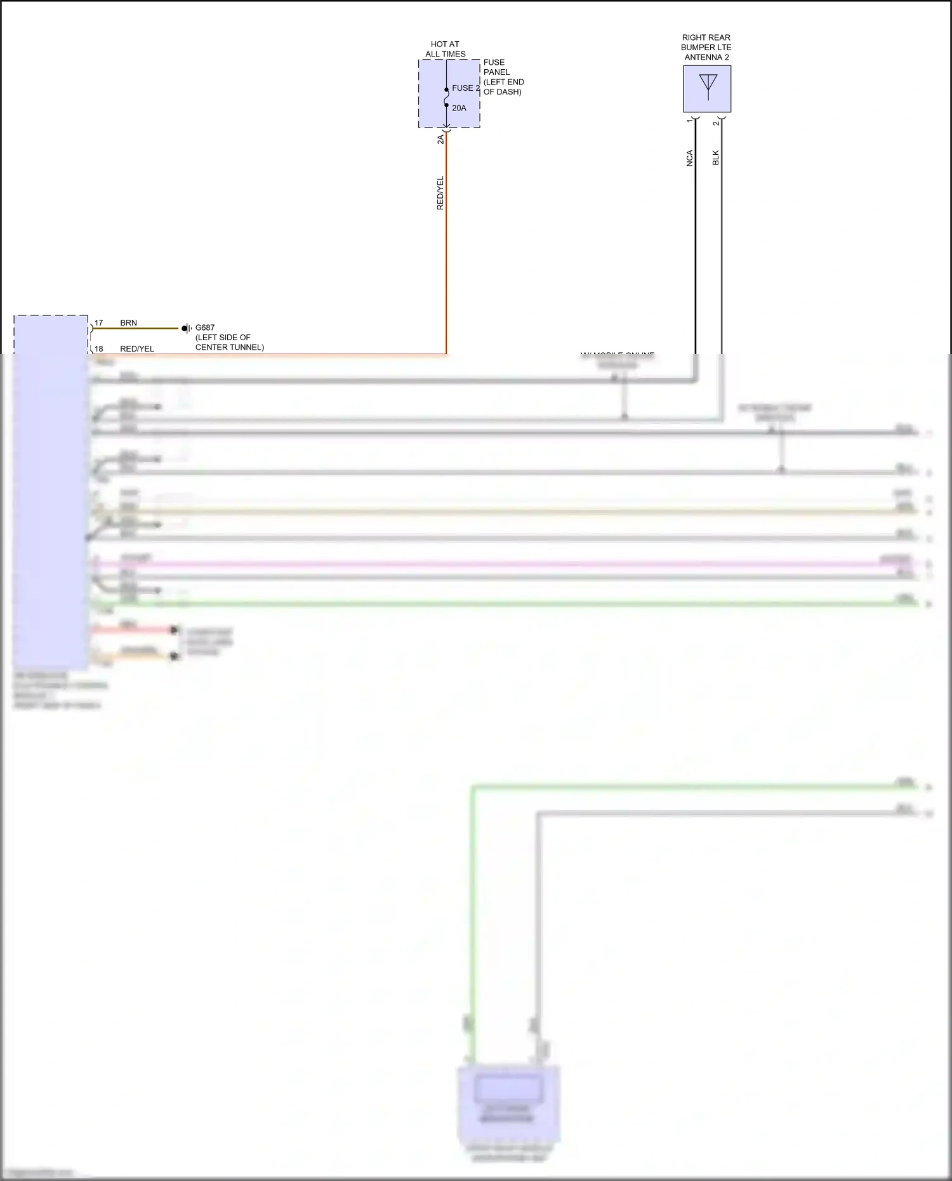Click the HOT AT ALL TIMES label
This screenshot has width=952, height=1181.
click(445, 49)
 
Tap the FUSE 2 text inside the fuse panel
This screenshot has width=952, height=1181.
click(465, 88)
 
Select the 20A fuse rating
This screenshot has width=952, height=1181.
click(459, 108)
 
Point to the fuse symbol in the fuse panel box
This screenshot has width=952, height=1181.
click(446, 98)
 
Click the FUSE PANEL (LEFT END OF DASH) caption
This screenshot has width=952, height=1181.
click(503, 77)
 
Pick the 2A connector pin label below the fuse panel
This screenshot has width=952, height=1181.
click(440, 139)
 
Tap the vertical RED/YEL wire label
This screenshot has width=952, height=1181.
click(440, 193)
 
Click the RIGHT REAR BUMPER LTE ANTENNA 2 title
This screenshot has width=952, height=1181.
click(706, 47)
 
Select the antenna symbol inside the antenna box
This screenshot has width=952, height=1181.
click(708, 87)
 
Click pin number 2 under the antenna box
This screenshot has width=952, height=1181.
click(716, 122)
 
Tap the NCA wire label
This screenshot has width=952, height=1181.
click(690, 158)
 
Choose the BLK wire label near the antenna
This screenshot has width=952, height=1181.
click(716, 157)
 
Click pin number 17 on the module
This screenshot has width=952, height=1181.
click(98, 323)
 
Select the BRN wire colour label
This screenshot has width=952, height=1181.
click(128, 323)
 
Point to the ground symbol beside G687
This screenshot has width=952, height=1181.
click(186, 328)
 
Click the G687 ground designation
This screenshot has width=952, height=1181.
click(205, 327)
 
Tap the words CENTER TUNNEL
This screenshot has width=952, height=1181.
click(229, 347)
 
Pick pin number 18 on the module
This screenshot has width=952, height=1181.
click(98, 349)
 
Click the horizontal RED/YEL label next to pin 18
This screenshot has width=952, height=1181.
click(137, 349)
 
